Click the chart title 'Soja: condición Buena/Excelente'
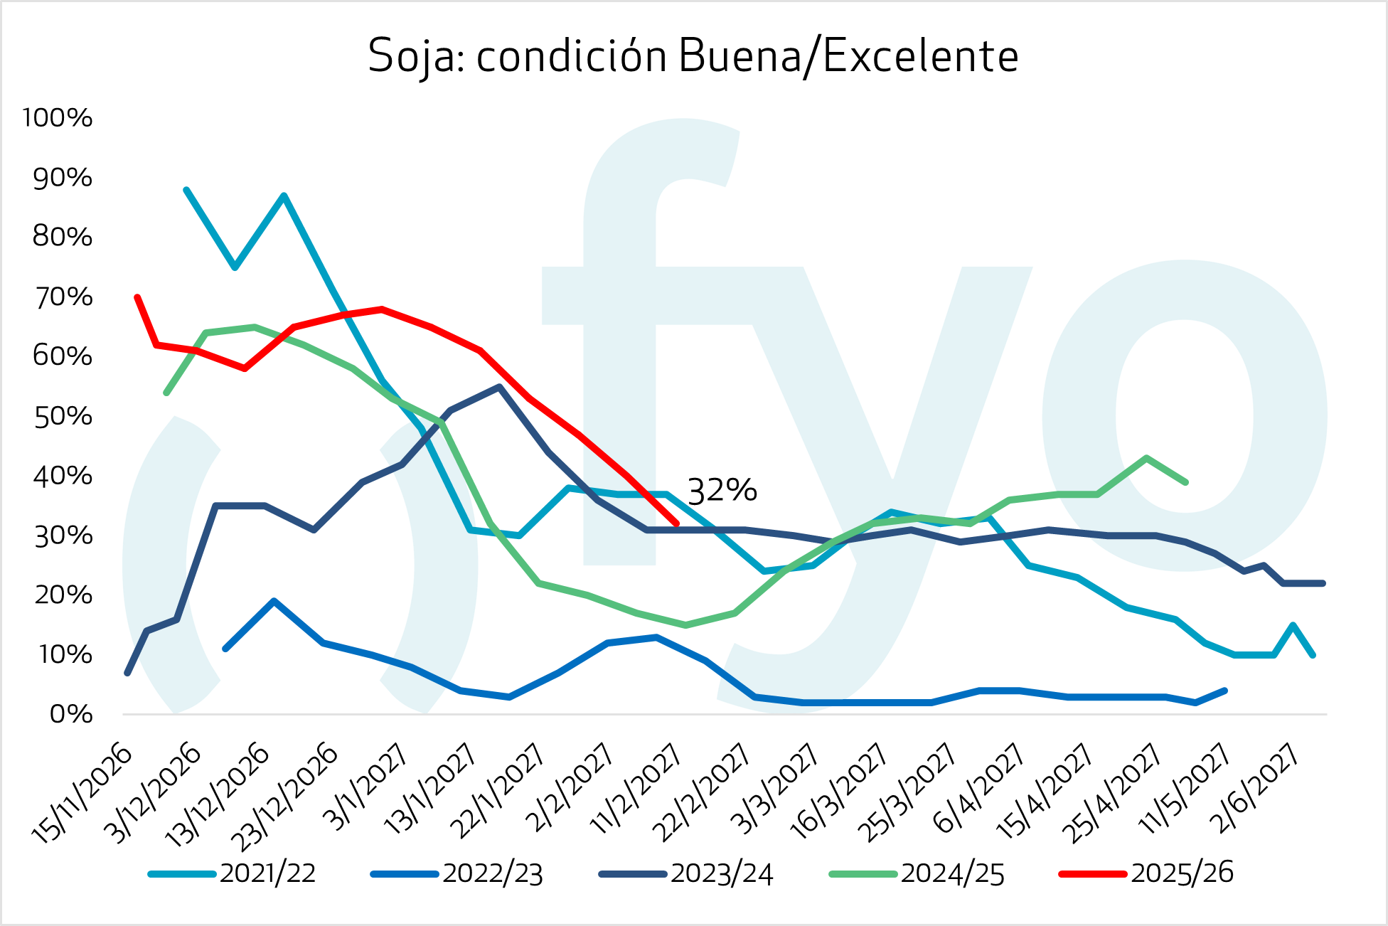(x=693, y=56)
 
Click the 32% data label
(x=722, y=491)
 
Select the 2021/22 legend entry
(x=267, y=873)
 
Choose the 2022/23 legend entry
(x=492, y=873)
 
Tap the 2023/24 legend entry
(x=721, y=873)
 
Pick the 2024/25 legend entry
(x=952, y=873)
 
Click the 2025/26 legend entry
(x=1182, y=873)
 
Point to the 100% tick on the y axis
(x=58, y=118)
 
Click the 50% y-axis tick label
(x=63, y=417)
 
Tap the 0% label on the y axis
(x=70, y=714)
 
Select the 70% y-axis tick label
(x=63, y=297)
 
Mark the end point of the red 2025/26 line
(x=677, y=524)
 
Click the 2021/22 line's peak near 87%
(x=284, y=196)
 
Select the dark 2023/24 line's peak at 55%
(x=500, y=387)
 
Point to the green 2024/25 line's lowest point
(x=685, y=625)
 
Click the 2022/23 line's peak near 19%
(x=274, y=601)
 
